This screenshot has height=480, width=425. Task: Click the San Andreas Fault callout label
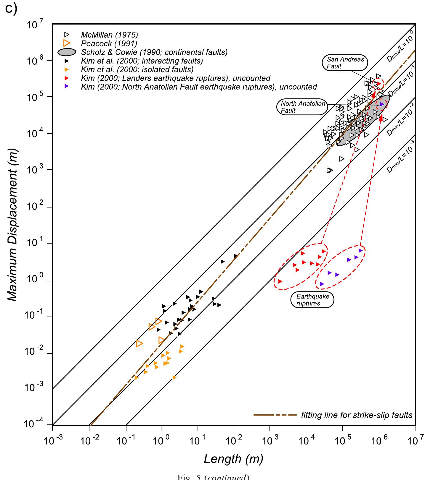[345, 63]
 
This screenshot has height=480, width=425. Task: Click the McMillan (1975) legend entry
[109, 35]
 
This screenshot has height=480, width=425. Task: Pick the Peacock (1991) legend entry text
[109, 43]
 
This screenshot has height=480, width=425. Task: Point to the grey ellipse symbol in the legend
[68, 52]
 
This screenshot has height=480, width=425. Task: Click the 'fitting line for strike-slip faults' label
[357, 415]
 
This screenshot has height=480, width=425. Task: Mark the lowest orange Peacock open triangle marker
[139, 343]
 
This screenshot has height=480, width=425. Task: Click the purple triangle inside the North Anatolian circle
[382, 104]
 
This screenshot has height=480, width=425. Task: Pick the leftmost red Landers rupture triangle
[280, 281]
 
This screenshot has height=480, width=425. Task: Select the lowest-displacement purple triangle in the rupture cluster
[322, 284]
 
